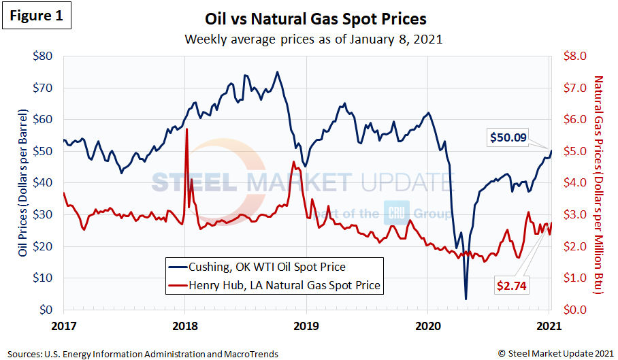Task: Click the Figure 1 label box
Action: (x=38, y=17)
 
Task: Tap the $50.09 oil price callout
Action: (x=509, y=137)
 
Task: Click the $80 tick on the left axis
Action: (x=45, y=56)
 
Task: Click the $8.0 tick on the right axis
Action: (x=570, y=56)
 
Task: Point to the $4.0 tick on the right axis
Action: (x=570, y=182)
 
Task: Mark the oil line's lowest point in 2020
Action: (x=466, y=299)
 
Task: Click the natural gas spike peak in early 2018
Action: (x=186, y=129)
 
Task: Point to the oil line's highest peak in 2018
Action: (x=276, y=71)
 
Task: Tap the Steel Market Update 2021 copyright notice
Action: (x=555, y=354)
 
